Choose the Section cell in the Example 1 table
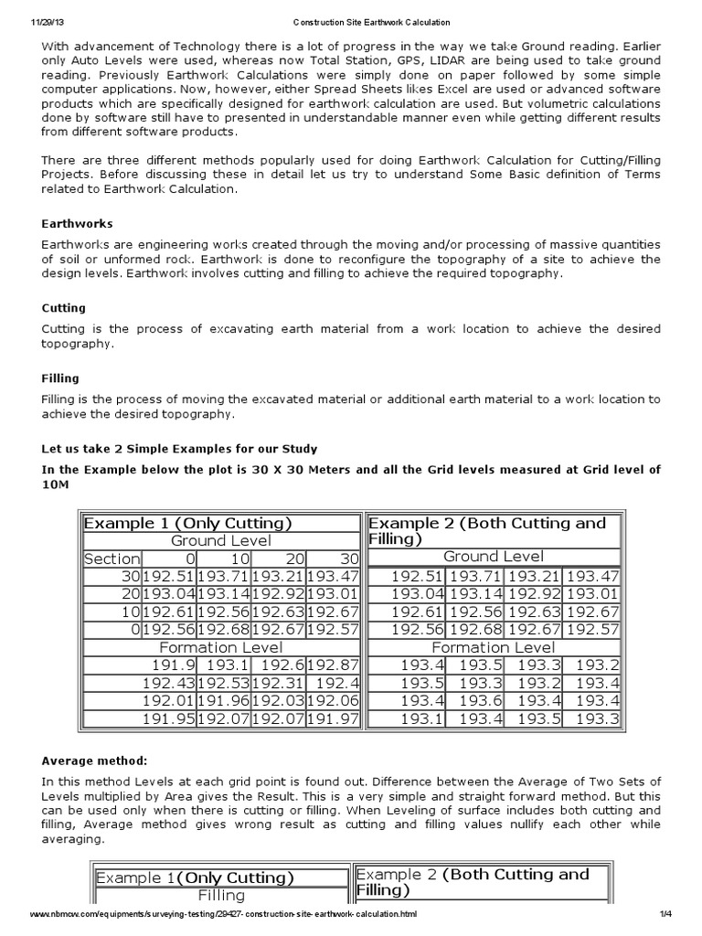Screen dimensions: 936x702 112,558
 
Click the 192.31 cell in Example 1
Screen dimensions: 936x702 279,683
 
